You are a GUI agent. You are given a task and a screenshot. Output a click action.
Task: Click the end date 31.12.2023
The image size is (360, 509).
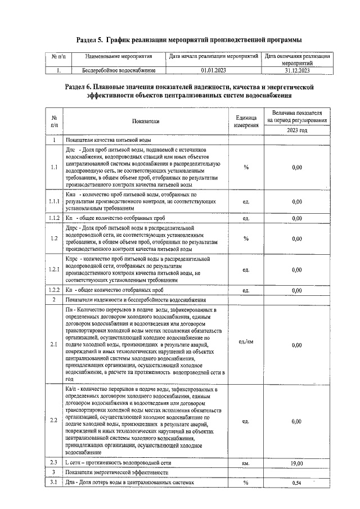[x=296, y=71]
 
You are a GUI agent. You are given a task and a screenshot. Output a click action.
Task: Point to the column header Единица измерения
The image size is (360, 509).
[x=246, y=121]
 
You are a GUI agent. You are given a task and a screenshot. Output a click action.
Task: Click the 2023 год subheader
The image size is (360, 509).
[x=296, y=130]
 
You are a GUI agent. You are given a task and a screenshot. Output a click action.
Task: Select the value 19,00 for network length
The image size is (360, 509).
[x=296, y=463]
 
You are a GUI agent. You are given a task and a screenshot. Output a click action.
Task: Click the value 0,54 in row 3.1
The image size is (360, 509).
[x=296, y=483]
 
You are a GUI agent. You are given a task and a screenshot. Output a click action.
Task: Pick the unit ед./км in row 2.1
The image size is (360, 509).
[x=246, y=341]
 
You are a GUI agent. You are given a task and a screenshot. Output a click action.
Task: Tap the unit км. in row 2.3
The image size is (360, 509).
[x=246, y=463]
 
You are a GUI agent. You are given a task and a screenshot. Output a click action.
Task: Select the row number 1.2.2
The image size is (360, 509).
[x=54, y=290]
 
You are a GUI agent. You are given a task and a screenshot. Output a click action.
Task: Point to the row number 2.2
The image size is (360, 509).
[x=54, y=421]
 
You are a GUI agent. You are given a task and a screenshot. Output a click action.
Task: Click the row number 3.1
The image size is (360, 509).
[x=54, y=483]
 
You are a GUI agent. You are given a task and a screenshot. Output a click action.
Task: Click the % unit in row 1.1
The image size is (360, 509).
[x=246, y=167]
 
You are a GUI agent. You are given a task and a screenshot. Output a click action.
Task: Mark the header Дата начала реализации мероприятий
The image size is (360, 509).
[x=213, y=57]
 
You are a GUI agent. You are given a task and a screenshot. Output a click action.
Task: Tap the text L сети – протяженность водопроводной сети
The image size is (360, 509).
[x=118, y=463]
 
